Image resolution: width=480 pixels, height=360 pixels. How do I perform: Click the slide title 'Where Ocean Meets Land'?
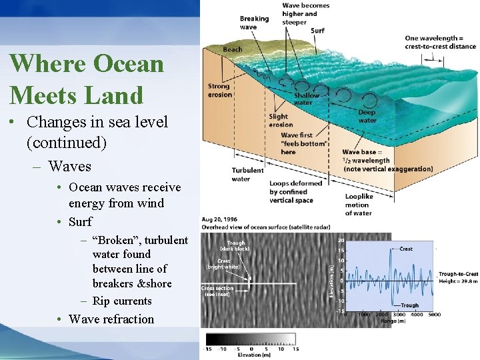[87, 79]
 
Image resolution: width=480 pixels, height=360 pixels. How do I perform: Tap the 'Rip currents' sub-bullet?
[121, 301]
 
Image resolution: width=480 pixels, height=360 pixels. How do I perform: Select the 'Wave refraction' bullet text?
[111, 319]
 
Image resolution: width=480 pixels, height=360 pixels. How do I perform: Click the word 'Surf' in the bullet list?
[80, 221]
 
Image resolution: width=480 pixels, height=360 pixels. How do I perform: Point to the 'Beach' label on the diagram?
[233, 49]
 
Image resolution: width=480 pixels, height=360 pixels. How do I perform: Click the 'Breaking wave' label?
[255, 23]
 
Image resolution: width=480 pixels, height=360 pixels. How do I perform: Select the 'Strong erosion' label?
[219, 90]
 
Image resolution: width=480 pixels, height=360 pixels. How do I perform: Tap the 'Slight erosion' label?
[280, 120]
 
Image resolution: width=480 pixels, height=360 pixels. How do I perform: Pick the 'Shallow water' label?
[307, 99]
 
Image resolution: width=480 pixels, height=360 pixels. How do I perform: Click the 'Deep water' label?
[367, 117]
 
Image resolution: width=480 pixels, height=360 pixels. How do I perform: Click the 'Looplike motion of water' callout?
[359, 205]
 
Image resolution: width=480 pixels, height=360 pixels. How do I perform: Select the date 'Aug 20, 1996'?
[220, 219]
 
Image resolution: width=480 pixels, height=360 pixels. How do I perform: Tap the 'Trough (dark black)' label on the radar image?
[236, 246]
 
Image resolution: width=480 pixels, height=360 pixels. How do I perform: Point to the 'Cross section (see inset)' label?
[217, 291]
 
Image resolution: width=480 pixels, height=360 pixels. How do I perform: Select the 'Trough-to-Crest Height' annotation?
[458, 277]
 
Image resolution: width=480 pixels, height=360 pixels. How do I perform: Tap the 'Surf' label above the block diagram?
[318, 31]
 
